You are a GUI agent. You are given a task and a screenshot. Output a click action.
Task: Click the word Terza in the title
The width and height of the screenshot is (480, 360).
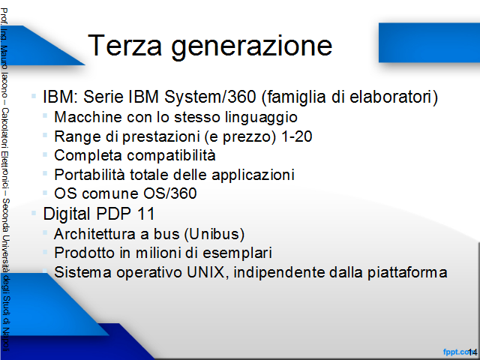coord(124,45)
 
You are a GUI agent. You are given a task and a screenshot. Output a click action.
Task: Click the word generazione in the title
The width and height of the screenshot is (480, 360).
coord(252,47)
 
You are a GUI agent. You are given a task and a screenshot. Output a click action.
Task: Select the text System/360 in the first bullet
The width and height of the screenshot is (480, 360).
coord(210,97)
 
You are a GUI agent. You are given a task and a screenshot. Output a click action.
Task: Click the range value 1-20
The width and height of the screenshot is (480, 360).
coord(296,136)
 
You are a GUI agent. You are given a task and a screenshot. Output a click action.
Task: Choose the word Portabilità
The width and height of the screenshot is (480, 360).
coord(89,175)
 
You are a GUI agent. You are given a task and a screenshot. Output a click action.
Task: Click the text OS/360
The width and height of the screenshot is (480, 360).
coord(170,193)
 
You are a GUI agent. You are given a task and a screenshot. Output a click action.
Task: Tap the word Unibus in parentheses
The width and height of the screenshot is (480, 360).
coord(214,234)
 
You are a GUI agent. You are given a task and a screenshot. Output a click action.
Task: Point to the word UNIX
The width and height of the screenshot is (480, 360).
coord(205,272)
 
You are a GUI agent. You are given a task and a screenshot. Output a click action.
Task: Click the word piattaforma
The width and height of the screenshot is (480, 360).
coord(407,272)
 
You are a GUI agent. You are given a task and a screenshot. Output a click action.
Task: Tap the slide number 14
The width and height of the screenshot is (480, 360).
coord(472,352)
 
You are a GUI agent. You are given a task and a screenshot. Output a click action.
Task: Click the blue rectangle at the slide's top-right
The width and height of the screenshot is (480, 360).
coord(429,43)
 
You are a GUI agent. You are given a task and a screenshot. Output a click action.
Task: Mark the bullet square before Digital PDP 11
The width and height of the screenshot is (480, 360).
coord(34,213)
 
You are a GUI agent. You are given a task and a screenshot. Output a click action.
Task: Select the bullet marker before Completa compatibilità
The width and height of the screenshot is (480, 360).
coord(45,154)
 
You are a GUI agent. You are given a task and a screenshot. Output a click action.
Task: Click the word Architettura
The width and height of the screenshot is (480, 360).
coord(94,234)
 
